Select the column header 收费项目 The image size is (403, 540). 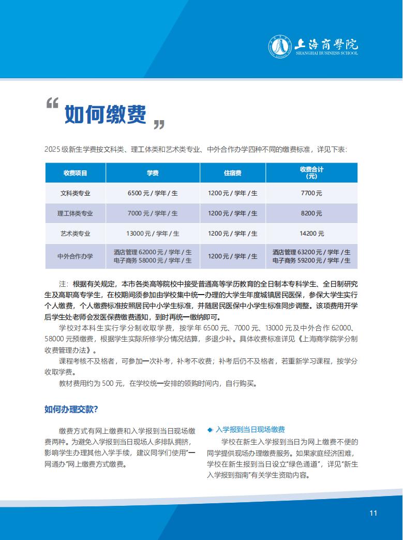coord(76,172)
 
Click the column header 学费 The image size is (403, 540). coord(153,172)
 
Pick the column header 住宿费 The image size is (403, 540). coord(232,172)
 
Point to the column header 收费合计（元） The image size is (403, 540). coord(311,172)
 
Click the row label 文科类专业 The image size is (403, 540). coord(76,193)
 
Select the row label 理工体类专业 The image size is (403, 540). coord(76,213)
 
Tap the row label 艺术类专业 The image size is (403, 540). coord(76,233)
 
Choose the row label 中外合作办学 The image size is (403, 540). coord(76,256)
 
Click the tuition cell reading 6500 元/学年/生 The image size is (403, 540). coord(153,193)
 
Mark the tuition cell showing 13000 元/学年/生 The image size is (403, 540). coord(153,233)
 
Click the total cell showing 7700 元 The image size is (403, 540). coord(311,193)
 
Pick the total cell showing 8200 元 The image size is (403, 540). coord(311,213)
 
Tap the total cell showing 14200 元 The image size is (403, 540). coord(311,233)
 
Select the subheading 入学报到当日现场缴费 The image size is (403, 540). coord(250,430)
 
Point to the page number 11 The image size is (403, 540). coord(374,513)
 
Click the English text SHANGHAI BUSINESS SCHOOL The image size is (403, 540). coord(325,53)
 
